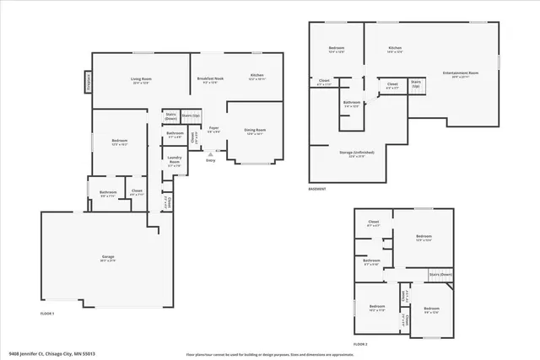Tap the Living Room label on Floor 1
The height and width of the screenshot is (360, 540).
point(140,81)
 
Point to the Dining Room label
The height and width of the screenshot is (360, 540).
point(255,131)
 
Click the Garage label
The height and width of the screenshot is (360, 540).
point(108,258)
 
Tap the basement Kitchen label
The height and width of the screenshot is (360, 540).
point(395,50)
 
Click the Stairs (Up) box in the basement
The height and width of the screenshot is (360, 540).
point(416,85)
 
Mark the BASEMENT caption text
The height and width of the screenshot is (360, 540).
point(317,190)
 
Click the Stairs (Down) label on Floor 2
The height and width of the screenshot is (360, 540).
point(440,274)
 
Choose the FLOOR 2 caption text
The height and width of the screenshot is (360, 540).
point(360,345)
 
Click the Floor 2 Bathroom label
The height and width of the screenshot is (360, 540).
point(372,262)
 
